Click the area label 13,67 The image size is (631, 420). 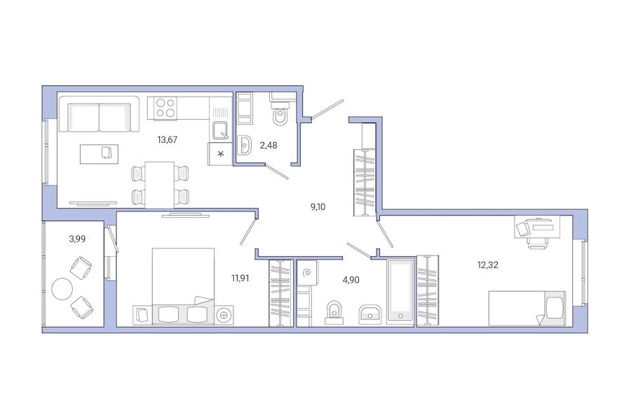167,139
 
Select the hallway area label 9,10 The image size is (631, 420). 320,206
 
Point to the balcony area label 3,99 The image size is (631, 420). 77,239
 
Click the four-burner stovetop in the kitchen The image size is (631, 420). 165,107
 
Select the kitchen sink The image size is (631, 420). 220,130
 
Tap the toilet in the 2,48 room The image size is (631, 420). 280,115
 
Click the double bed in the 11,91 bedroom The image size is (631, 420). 183,287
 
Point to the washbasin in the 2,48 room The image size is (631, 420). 245,145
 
